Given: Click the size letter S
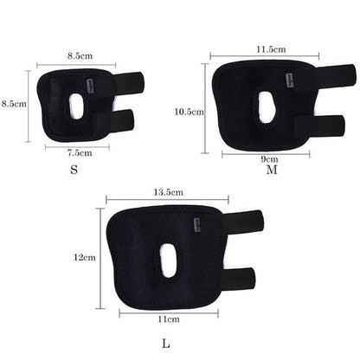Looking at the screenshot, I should [74, 170].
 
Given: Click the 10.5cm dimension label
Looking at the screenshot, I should [190, 112].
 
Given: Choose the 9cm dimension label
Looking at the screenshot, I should [269, 159].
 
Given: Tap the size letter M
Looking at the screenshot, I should [272, 170].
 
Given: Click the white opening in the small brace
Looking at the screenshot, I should [77, 106].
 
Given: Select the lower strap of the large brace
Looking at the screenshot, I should [239, 279].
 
